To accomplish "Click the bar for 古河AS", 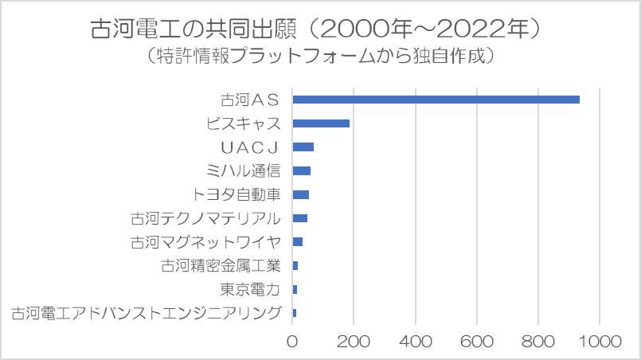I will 436,100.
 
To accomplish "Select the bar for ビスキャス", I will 321,123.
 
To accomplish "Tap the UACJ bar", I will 303,147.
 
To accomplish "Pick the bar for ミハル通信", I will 302,170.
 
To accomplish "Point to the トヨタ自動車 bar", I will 301,194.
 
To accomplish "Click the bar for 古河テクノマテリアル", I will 300,217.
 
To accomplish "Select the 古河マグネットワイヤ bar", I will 298,241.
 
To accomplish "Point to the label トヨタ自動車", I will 237,194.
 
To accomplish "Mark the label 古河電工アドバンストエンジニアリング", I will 147,312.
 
